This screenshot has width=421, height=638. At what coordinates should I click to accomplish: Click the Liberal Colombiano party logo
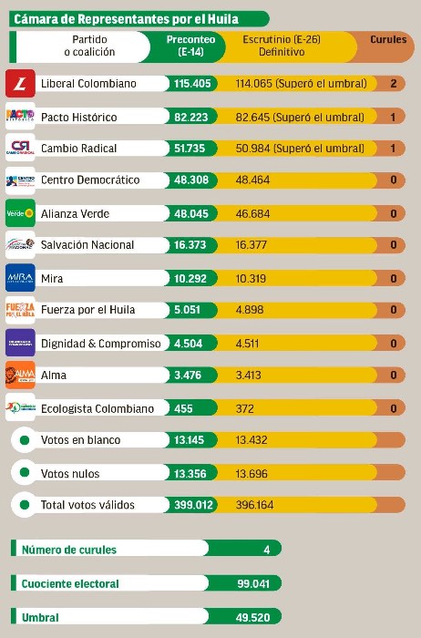click(x=20, y=83)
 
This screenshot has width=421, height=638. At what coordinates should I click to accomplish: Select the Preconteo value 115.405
click(x=192, y=84)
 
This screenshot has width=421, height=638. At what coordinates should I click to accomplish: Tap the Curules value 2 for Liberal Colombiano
click(x=392, y=84)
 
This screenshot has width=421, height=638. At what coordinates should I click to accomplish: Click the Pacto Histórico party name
click(x=86, y=117)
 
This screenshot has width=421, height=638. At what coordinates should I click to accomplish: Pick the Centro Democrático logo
click(x=20, y=180)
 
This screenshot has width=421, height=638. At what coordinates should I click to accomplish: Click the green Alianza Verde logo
click(x=20, y=213)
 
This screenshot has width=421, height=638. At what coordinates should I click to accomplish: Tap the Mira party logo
click(x=20, y=278)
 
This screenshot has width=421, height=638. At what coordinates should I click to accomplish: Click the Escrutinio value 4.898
click(x=249, y=310)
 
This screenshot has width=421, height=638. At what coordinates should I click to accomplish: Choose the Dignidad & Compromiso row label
click(x=100, y=344)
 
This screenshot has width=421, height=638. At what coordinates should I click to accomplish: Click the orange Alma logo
click(x=20, y=375)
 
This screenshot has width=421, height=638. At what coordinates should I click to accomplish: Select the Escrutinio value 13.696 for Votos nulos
click(x=252, y=473)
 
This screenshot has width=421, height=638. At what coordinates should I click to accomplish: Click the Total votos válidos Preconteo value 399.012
click(x=192, y=505)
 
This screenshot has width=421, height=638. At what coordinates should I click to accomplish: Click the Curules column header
click(x=388, y=40)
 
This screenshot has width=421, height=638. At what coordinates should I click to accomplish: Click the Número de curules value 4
click(x=266, y=550)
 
